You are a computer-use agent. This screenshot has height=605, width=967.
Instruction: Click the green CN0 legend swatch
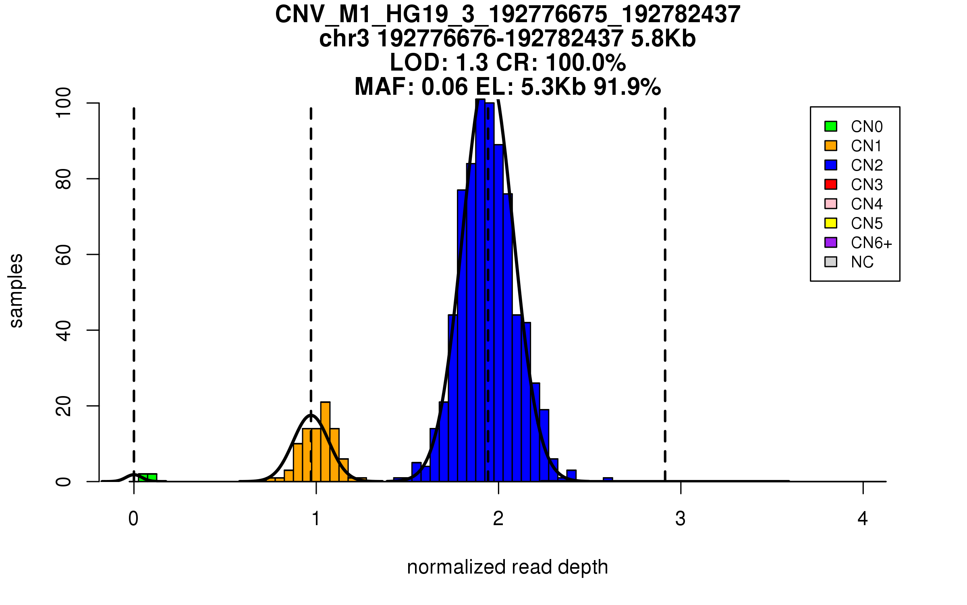[x=831, y=126]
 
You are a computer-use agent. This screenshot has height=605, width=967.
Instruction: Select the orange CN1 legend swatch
[x=831, y=146]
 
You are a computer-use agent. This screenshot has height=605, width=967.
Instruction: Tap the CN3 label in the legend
[x=867, y=185]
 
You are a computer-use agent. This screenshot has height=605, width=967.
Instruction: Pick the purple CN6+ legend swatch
[x=831, y=242]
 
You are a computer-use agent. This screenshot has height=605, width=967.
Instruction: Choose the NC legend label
[x=862, y=262]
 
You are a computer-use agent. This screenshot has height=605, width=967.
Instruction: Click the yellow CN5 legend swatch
[x=831, y=223]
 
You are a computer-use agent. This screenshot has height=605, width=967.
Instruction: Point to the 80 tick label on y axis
[x=63, y=179]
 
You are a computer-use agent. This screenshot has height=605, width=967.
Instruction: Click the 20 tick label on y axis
[x=63, y=406]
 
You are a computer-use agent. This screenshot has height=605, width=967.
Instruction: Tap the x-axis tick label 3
[x=681, y=519]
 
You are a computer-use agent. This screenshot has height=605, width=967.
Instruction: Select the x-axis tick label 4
[x=863, y=519]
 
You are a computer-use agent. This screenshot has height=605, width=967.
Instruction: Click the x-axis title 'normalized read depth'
[x=507, y=567]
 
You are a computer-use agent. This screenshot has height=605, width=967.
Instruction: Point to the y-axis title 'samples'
[x=16, y=291]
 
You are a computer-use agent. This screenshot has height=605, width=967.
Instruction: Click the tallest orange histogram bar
[x=325, y=442]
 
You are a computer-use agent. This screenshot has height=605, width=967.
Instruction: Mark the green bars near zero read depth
[x=147, y=478]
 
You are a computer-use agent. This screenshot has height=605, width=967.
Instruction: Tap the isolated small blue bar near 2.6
[x=608, y=480]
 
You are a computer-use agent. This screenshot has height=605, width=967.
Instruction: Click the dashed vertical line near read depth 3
[x=665, y=294]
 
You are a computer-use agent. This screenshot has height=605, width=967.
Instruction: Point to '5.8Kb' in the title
[x=663, y=39]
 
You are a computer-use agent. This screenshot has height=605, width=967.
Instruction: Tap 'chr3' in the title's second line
[x=344, y=39]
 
